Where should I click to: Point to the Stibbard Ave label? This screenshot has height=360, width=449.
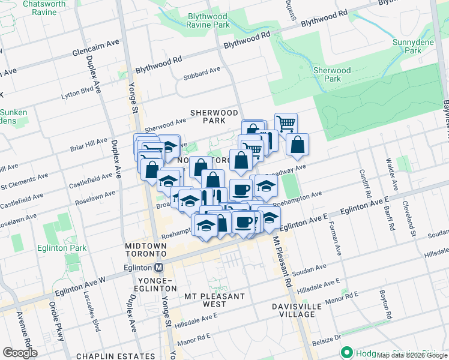point(202,73)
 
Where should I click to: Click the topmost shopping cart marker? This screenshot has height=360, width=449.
point(286,124)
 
